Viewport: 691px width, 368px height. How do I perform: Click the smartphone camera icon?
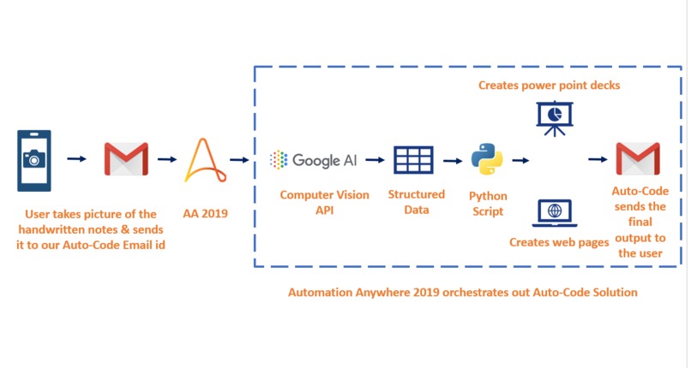[34, 158]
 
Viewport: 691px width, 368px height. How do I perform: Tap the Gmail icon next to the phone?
[126, 158]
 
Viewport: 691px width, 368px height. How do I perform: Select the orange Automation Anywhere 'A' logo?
[202, 159]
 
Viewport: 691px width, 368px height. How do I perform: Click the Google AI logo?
[314, 159]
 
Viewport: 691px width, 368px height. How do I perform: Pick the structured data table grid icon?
[413, 159]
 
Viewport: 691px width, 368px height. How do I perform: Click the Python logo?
[486, 159]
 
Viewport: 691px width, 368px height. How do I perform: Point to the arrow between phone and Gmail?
[77, 158]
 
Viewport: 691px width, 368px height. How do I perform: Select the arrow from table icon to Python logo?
[452, 159]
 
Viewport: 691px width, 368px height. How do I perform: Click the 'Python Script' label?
[486, 202]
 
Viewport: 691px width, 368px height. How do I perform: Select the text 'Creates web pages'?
[559, 242]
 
